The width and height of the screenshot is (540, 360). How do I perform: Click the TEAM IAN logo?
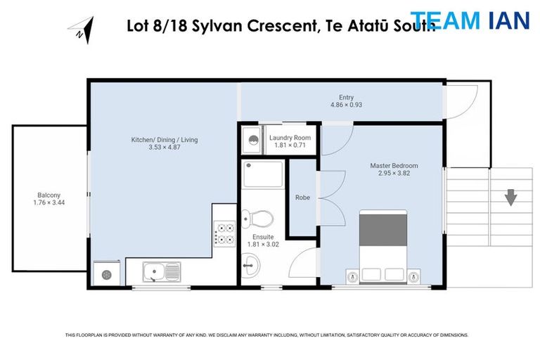[470, 20]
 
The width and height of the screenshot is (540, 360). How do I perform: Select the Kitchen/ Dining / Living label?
[164, 140]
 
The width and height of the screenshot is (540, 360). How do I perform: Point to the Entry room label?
[346, 98]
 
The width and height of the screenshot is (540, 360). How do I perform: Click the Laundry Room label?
[290, 138]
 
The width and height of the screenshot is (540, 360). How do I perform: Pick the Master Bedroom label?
[394, 166]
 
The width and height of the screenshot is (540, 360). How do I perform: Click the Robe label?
[303, 198]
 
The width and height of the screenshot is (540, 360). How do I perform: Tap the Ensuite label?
[263, 237]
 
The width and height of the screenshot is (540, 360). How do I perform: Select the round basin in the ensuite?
[251, 266]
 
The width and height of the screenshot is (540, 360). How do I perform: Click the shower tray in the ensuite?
[263, 174]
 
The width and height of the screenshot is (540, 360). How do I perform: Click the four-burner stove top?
[224, 233]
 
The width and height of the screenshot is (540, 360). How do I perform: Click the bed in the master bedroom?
[383, 246]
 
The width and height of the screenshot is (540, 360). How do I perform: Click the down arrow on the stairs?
[510, 197]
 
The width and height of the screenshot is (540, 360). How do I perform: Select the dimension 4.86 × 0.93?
[346, 105]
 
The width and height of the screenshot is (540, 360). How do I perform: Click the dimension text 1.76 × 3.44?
[49, 202]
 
